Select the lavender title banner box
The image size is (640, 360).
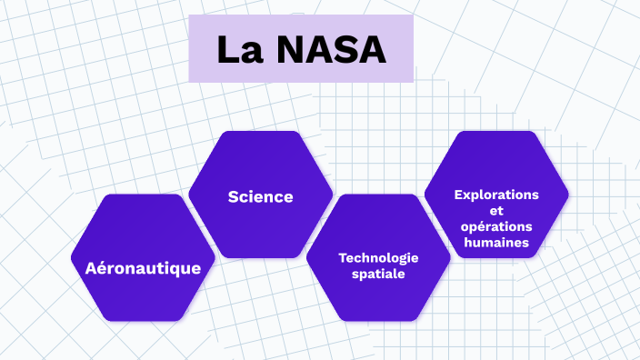pyautogui.click(x=301, y=48)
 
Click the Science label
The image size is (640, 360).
pyautogui.click(x=261, y=196)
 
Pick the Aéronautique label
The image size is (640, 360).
pyautogui.click(x=143, y=268)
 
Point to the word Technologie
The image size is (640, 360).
pyautogui.click(x=378, y=257)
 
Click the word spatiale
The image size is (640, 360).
pyautogui.click(x=378, y=273)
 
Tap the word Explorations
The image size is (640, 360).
pyautogui.click(x=496, y=195)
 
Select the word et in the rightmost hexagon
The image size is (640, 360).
pyautogui.click(x=496, y=210)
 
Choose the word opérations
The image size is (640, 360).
pyautogui.click(x=496, y=226)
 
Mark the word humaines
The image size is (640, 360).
pyautogui.click(x=496, y=243)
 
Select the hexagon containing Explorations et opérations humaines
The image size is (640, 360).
pyautogui.click(x=496, y=159)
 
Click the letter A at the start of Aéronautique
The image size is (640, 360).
pyautogui.click(x=91, y=268)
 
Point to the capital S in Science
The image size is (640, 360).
pyautogui.click(x=234, y=196)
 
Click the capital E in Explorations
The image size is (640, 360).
pyautogui.click(x=457, y=195)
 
